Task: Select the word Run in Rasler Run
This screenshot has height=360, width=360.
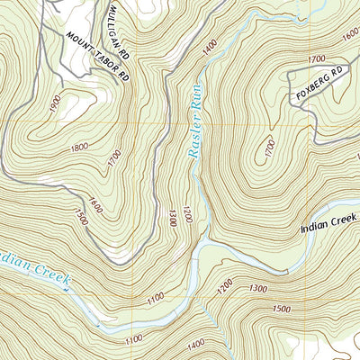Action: click(192, 144)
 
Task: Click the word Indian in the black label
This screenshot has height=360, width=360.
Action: click(316, 229)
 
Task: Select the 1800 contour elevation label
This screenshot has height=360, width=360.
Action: click(79, 147)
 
